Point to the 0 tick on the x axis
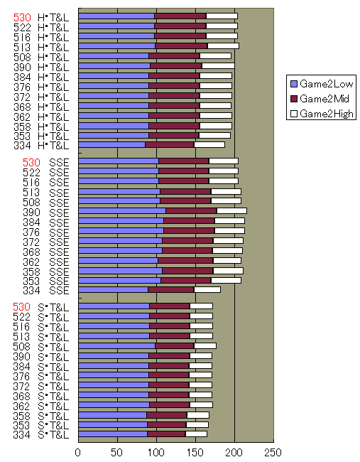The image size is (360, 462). (78, 451)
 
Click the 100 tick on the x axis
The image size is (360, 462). (156, 451)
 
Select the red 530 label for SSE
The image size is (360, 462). (22, 162)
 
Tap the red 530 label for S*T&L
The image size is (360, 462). (22, 306)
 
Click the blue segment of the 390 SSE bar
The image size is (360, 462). (121, 210)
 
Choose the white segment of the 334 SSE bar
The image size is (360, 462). (207, 289)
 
